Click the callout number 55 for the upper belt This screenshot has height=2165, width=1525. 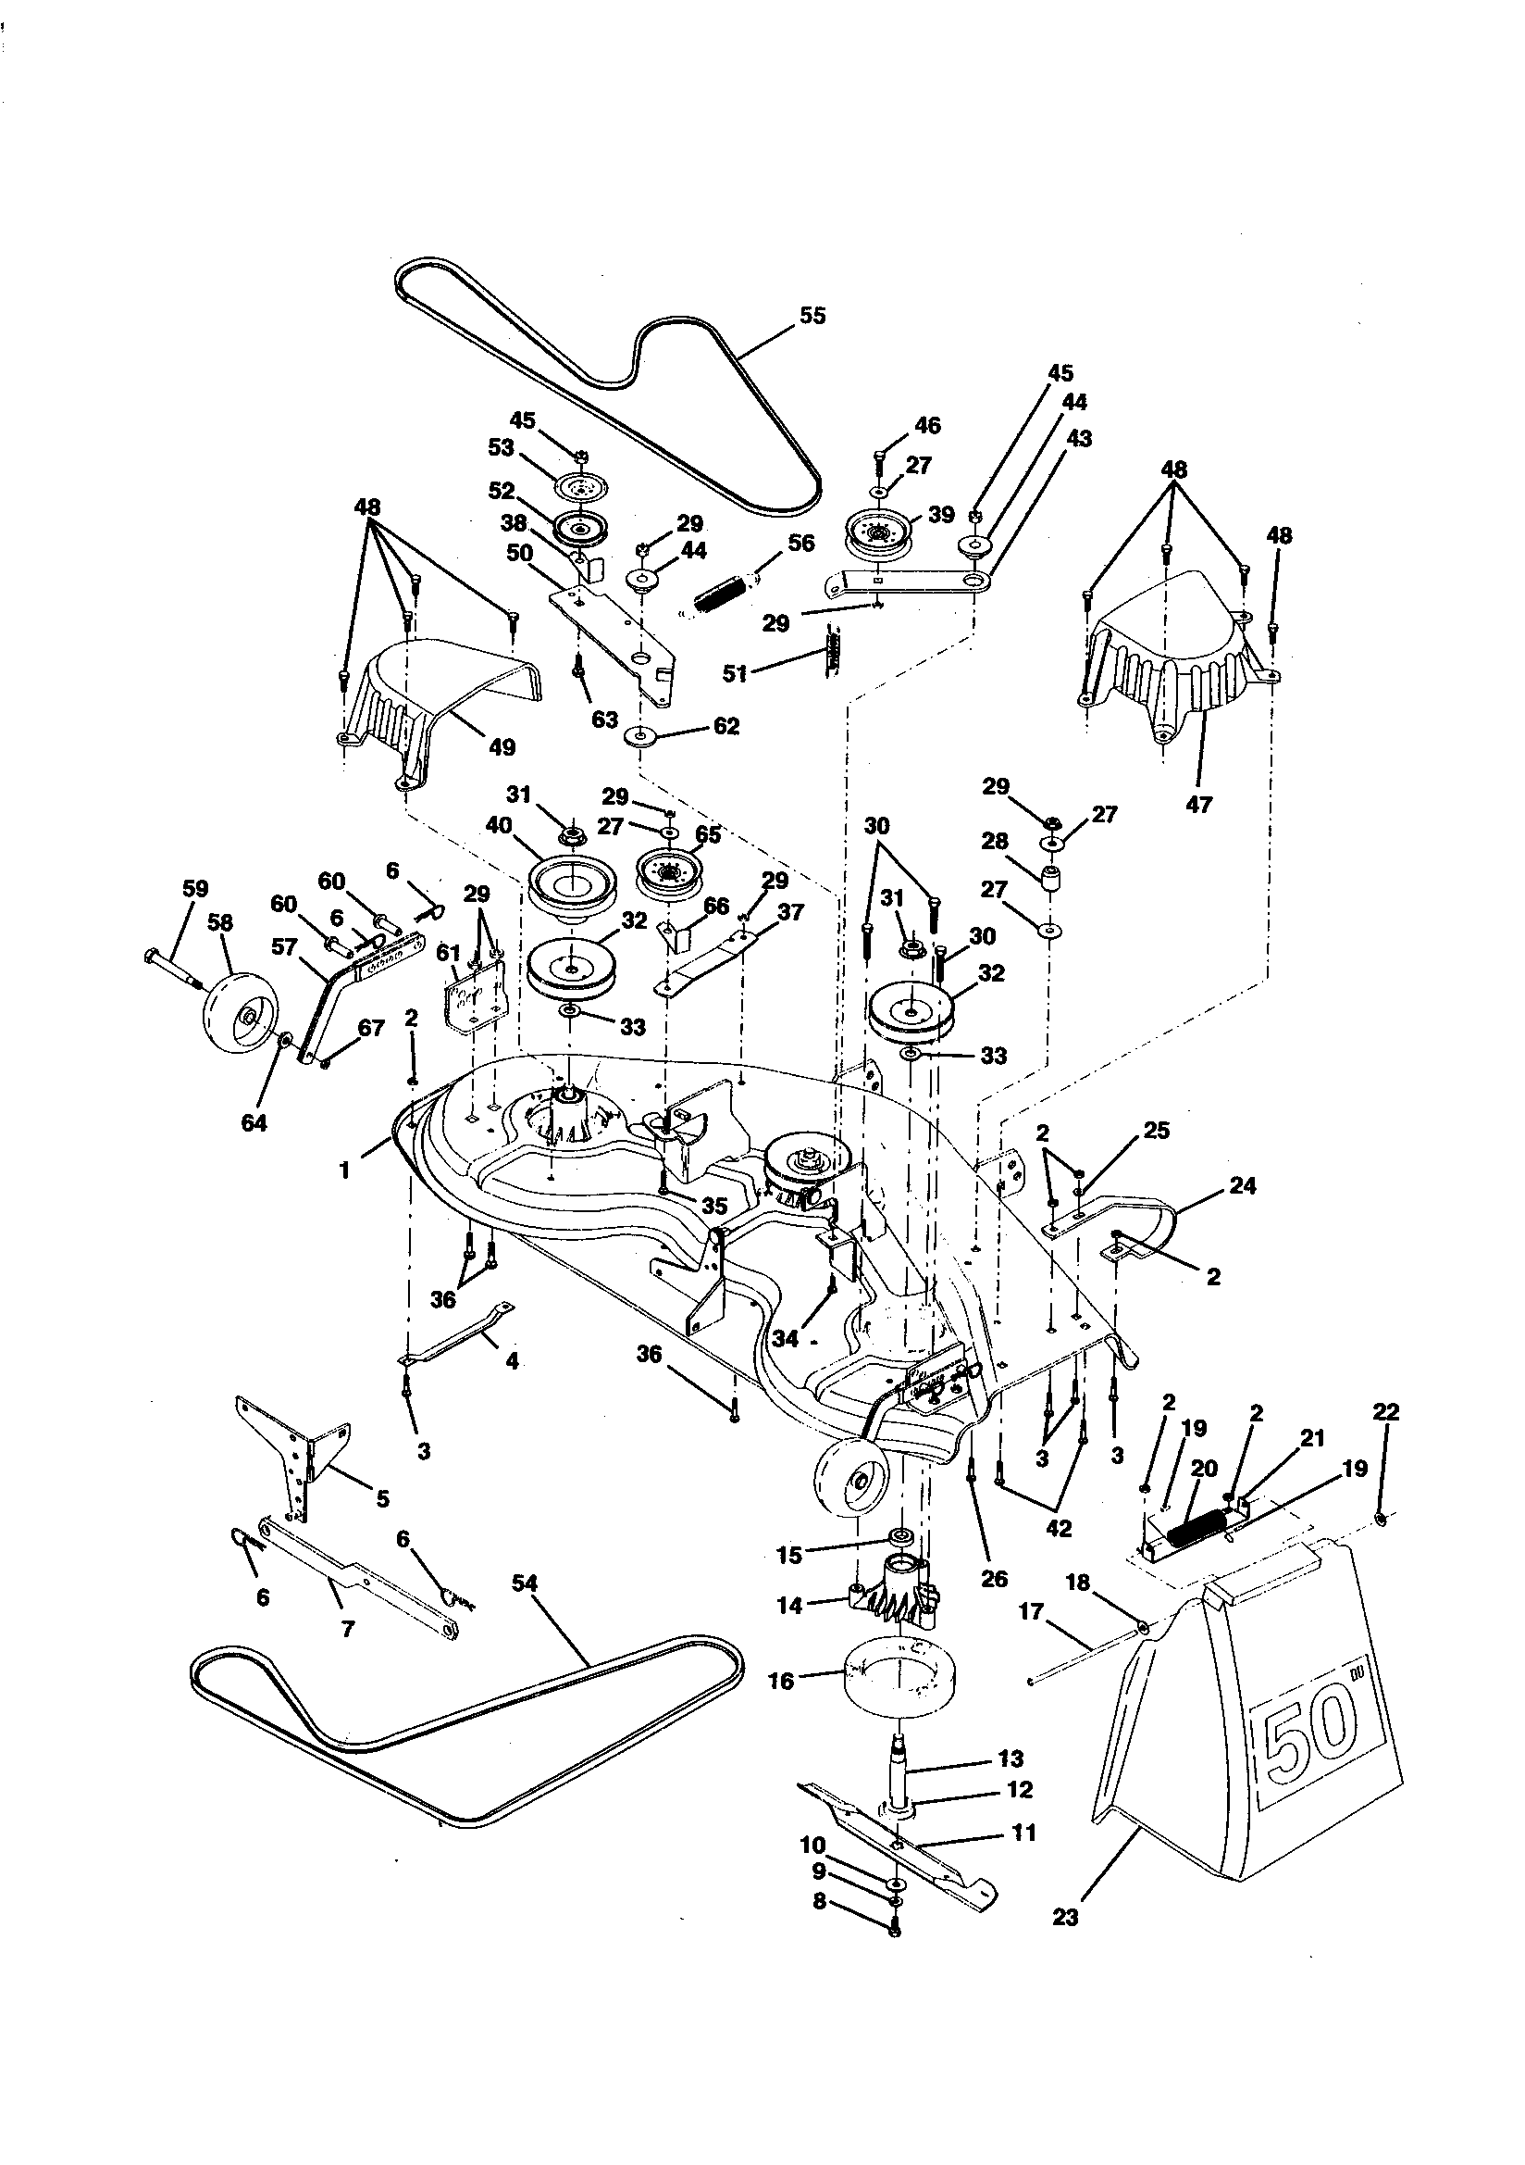tap(812, 316)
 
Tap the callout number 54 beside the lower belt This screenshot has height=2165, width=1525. tap(524, 1583)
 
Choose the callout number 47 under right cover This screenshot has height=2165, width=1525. tap(1198, 805)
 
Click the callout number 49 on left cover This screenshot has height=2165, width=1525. tap(502, 748)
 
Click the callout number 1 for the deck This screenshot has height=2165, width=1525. tap(345, 1171)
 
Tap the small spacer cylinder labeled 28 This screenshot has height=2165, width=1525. tap(1051, 876)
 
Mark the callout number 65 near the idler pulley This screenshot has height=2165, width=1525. tap(708, 834)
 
